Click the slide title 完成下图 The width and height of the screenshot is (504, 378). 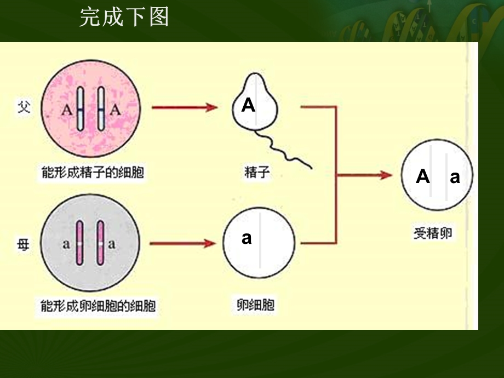124,18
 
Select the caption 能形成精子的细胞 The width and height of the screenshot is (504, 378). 93,173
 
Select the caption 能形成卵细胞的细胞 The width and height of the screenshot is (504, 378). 99,305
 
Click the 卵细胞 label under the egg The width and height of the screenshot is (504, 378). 256,305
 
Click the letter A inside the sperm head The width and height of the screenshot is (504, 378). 248,105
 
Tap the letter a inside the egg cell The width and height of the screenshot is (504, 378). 247,238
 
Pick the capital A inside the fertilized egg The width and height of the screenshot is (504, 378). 422,176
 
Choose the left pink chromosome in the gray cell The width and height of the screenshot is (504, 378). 79,243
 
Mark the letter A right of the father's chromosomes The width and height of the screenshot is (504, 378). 115,109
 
